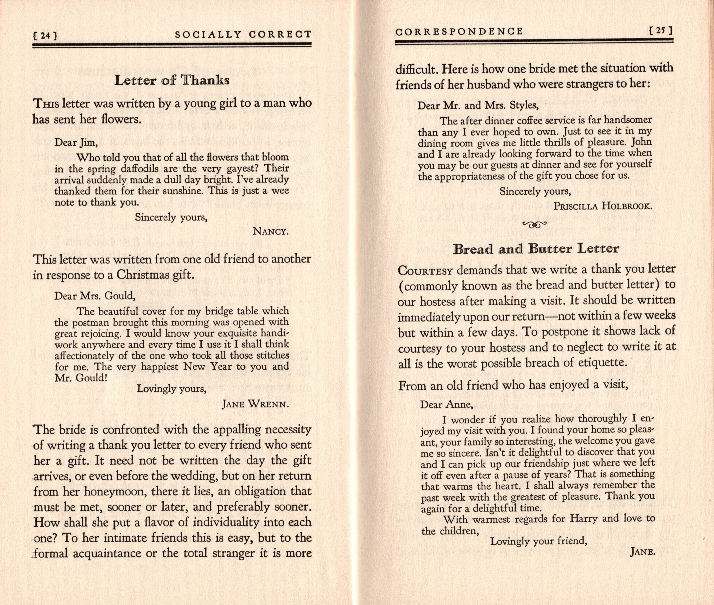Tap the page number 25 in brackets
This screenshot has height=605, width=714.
(x=661, y=31)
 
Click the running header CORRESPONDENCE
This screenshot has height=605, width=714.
(x=459, y=32)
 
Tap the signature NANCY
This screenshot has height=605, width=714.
(x=271, y=231)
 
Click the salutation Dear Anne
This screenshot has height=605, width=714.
(x=446, y=405)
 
